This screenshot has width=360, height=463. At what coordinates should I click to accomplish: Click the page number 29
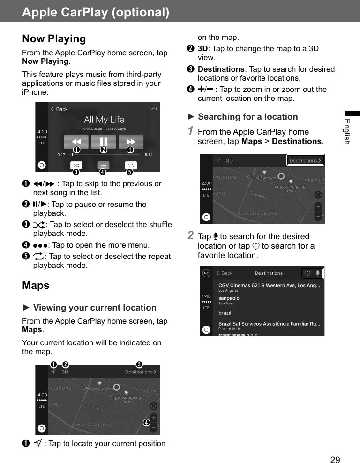[335, 459]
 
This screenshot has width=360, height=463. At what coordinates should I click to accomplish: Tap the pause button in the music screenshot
[104, 141]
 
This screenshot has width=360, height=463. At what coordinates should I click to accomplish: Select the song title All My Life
[104, 120]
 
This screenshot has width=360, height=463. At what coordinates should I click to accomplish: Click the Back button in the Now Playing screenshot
[60, 109]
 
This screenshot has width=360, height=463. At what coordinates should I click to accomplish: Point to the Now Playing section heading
[54, 39]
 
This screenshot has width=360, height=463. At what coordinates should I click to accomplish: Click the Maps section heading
[36, 285]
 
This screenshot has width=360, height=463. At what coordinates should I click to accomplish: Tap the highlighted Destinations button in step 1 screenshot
[305, 160]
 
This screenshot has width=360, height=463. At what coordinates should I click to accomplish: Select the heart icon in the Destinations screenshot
[307, 273]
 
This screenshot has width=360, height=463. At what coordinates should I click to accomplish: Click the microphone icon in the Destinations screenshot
[318, 273]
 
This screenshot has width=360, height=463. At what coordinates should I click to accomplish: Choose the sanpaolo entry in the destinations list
[229, 298]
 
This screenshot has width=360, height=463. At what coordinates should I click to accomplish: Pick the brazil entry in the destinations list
[225, 313]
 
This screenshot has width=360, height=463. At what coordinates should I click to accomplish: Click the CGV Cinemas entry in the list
[269, 285]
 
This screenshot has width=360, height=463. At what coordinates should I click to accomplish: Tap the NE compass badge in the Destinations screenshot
[206, 273]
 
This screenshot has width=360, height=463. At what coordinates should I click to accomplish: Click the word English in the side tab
[347, 131]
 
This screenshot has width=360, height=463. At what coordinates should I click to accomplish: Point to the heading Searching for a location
[247, 117]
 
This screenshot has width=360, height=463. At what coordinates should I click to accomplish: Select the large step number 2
[191, 235]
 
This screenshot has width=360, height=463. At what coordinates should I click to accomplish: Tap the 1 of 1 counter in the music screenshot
[153, 109]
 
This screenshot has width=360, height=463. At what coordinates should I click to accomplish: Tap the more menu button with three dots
[104, 166]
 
